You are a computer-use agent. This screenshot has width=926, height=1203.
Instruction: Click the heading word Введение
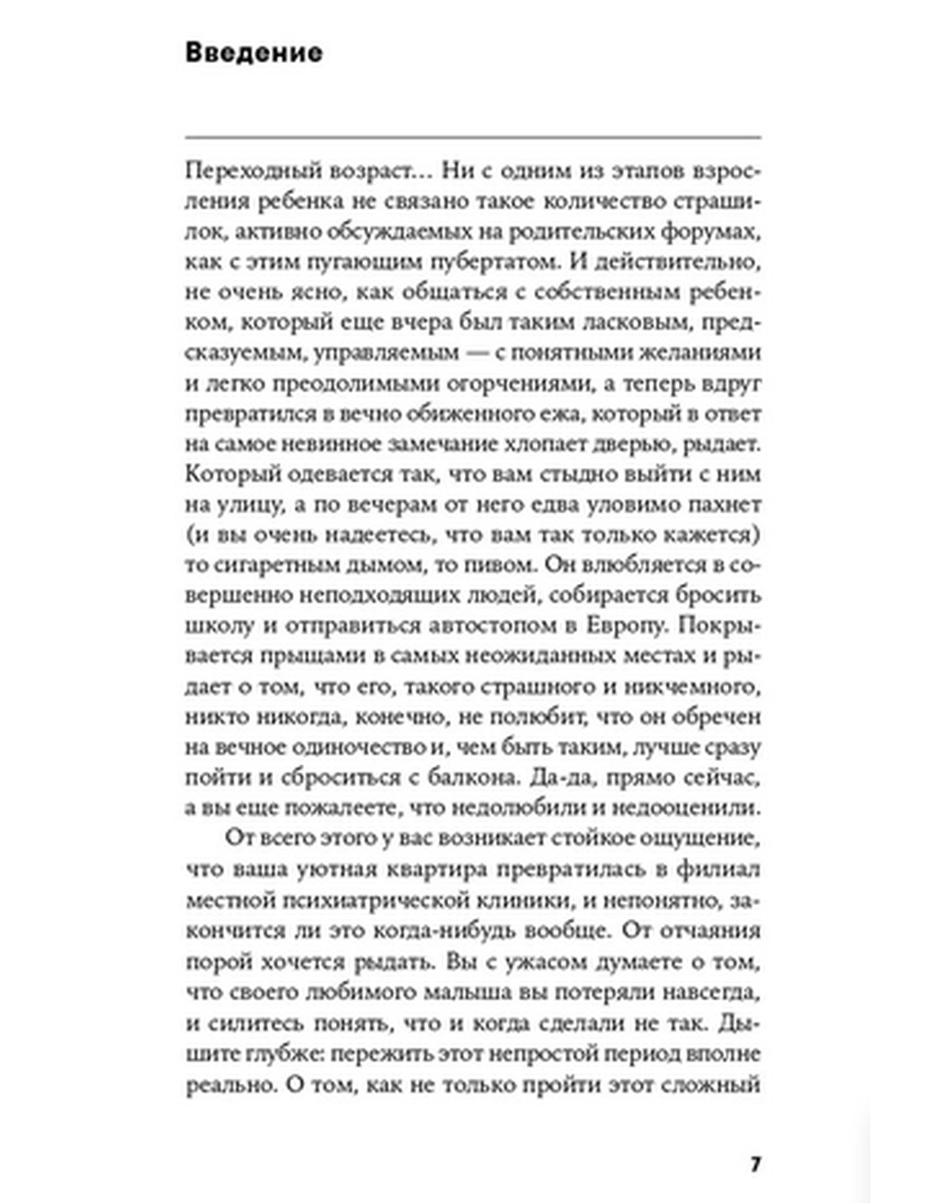[x=254, y=53]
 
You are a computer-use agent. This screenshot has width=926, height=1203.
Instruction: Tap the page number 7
[x=756, y=1163]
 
